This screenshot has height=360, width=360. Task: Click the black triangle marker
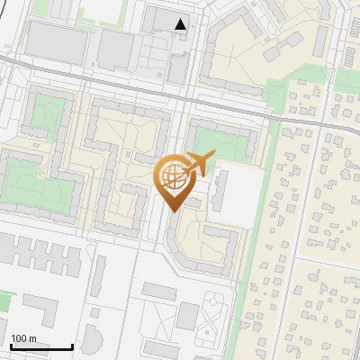pos(182,24)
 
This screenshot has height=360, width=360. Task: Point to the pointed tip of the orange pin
pos(172,211)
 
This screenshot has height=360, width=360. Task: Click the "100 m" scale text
pos(23,338)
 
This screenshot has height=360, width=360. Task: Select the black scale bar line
pos(41,346)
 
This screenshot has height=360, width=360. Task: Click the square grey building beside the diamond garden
pos(187,315)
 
